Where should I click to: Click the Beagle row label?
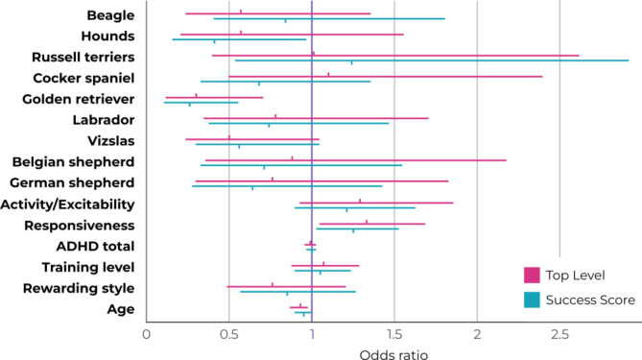(x=109, y=16)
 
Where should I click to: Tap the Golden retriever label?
(x=73, y=99)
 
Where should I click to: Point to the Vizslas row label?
(x=109, y=141)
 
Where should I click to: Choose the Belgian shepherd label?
(x=73, y=161)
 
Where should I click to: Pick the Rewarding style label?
(x=84, y=287)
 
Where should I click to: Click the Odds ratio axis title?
(x=393, y=352)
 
